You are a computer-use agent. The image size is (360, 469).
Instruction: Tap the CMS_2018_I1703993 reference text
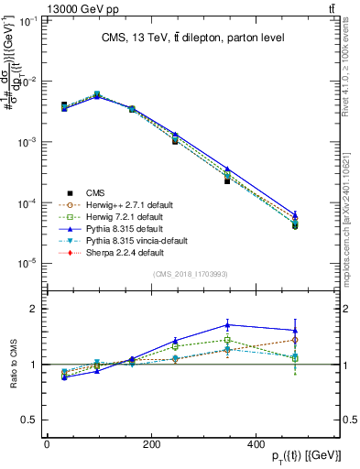coord(191,275)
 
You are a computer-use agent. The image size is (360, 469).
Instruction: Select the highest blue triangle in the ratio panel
coord(227,324)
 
